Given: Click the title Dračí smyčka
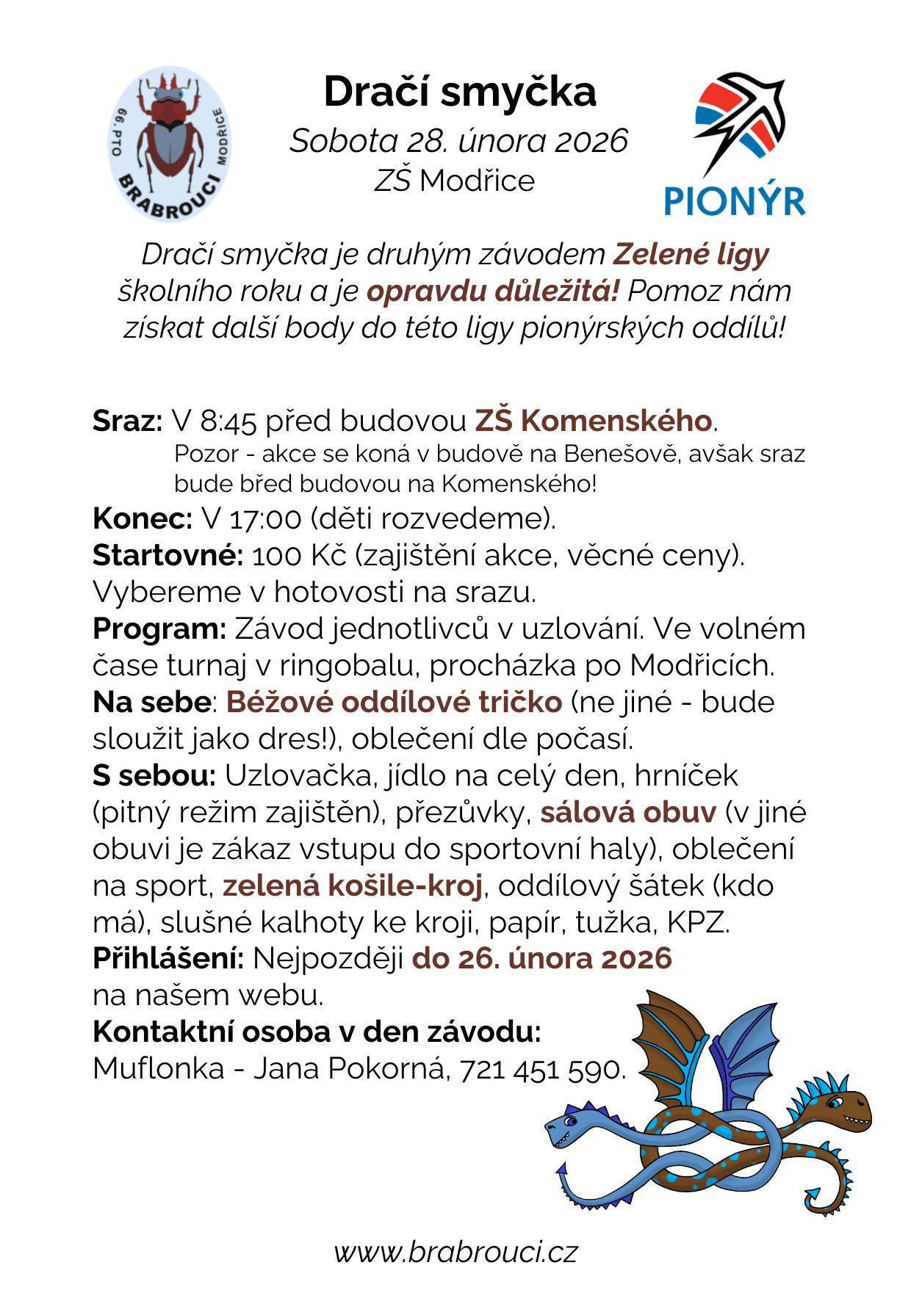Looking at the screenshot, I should (460, 93).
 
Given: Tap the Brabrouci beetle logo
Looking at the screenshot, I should (170, 143).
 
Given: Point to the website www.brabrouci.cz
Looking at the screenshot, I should (455, 1251).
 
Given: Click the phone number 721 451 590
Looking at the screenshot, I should (541, 1069).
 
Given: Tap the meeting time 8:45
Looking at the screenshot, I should (228, 421).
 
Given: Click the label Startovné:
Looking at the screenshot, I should (168, 556).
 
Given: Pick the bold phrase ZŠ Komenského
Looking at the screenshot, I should (593, 421).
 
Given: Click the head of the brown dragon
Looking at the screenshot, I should (845, 1106).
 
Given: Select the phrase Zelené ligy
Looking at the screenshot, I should (691, 254).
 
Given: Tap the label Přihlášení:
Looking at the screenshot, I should (168, 959).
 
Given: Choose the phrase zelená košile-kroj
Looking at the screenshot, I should (353, 886).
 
